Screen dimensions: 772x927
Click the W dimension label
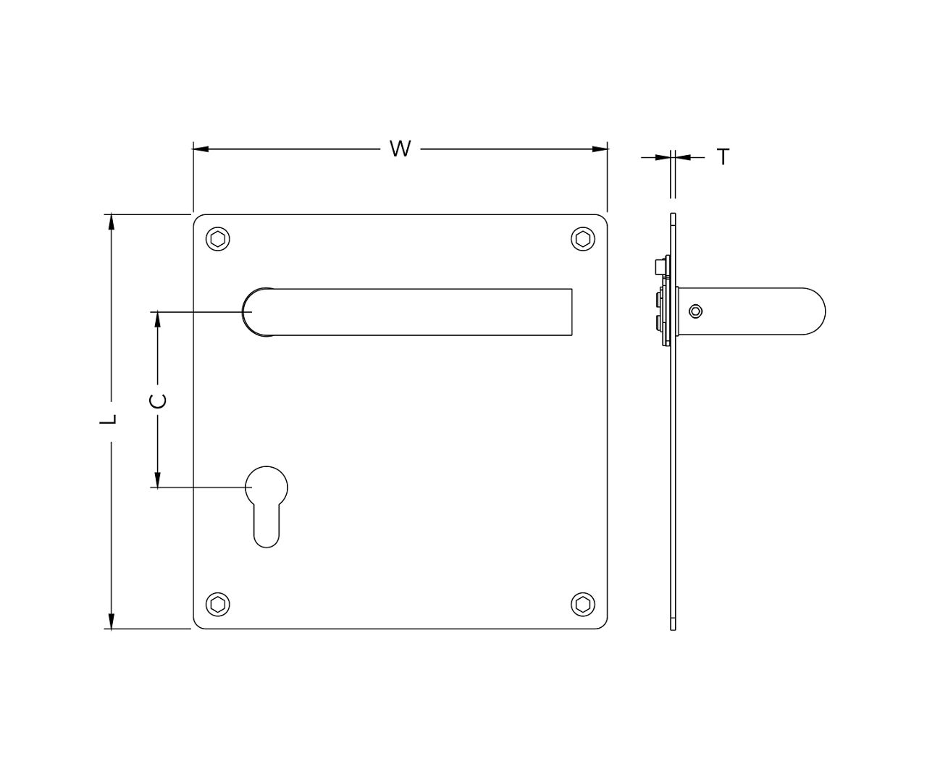click(x=400, y=149)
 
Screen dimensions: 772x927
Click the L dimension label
click(x=109, y=419)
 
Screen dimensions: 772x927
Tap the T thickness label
click(x=723, y=156)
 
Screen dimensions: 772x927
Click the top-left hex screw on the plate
click(x=218, y=240)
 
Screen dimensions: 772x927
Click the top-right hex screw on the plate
click(x=582, y=240)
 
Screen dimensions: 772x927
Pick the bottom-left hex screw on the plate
click(x=218, y=604)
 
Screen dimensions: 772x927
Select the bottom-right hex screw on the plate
click(x=582, y=604)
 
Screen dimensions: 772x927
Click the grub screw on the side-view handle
click(x=695, y=311)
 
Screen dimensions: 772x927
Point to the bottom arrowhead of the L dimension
click(x=111, y=621)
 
